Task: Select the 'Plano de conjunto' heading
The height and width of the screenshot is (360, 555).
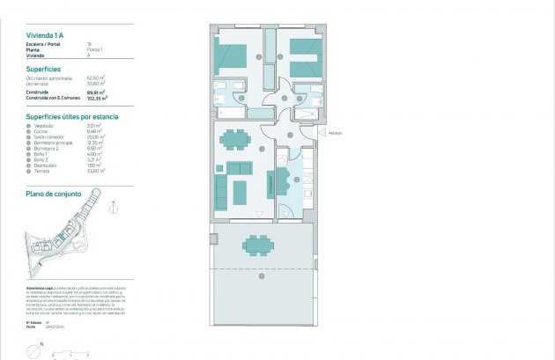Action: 54,192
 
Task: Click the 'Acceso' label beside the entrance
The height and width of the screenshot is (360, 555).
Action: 335,134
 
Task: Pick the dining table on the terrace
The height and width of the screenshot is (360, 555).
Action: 258,244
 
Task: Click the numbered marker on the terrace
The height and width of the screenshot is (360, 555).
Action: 261,277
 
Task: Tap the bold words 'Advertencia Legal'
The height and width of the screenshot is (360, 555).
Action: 42,288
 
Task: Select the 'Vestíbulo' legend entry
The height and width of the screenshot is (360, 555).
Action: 46,125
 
